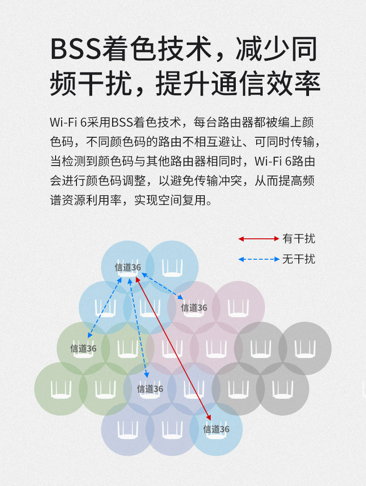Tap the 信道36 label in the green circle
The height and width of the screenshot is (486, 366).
(83, 348)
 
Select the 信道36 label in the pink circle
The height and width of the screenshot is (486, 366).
(194, 307)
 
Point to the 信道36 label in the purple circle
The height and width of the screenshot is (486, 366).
(150, 389)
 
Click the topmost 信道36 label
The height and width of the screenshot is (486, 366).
(128, 267)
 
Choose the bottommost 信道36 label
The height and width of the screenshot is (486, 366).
(216, 429)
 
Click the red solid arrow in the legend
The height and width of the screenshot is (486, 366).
(259, 239)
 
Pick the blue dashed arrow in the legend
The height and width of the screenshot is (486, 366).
(259, 259)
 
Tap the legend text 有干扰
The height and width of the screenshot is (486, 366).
(299, 239)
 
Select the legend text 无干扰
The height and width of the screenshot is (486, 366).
(299, 259)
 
